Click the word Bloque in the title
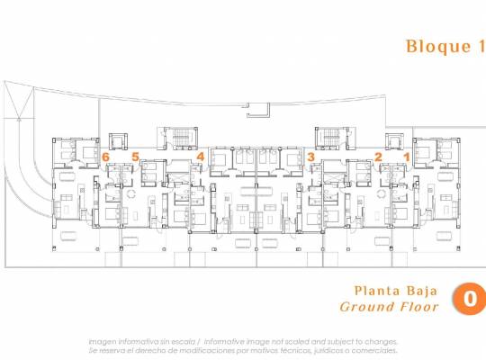click(431, 47)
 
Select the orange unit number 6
click(106, 157)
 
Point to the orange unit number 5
click(136, 157)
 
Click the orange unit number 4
click(200, 157)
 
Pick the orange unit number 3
click(310, 157)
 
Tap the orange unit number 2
click(378, 157)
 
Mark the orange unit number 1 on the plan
click(406, 157)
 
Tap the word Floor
click(420, 307)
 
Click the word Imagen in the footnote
click(103, 341)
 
